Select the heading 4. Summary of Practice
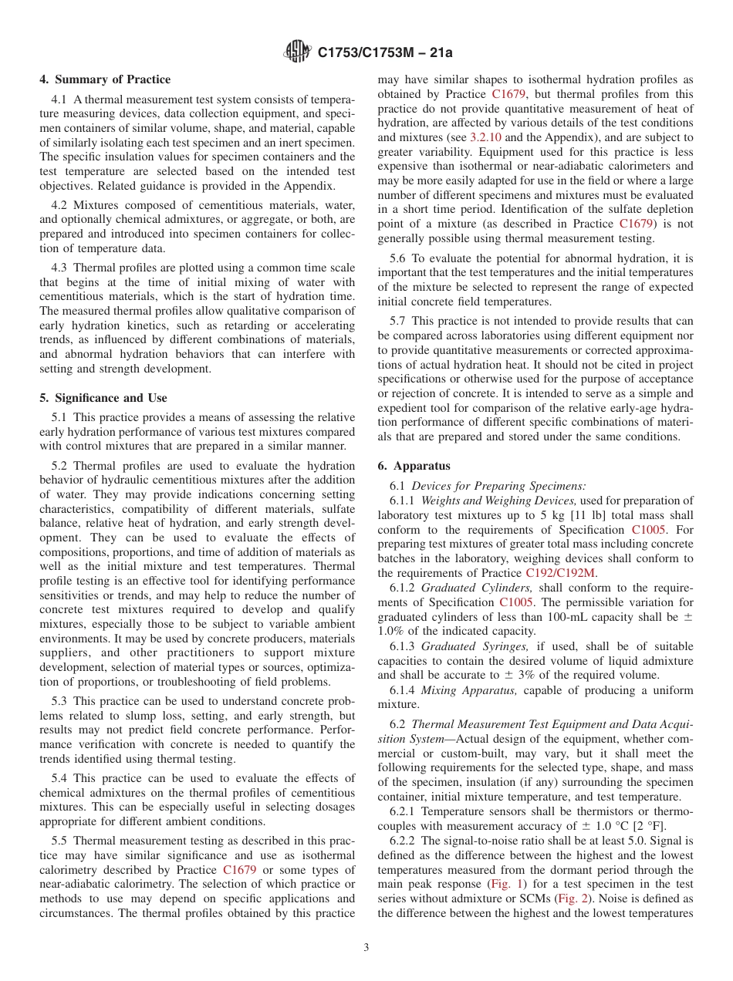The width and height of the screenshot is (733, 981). (105, 79)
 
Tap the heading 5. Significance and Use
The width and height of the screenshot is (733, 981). (103, 398)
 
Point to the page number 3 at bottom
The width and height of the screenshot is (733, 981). (366, 948)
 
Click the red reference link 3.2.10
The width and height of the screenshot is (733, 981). (485, 137)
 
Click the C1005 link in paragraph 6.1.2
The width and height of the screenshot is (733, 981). (515, 602)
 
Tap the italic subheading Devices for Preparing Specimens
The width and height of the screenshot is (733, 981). (498, 486)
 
